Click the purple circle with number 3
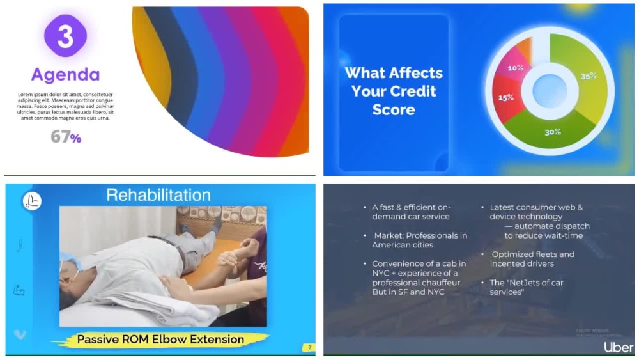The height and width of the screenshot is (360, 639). (x=65, y=36)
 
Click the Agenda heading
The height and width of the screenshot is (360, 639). (x=65, y=75)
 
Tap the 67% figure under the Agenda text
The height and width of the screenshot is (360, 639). (x=66, y=136)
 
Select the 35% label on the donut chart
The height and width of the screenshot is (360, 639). (x=589, y=75)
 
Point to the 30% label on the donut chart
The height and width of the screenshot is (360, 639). (x=552, y=132)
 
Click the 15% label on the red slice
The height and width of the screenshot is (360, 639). (x=506, y=98)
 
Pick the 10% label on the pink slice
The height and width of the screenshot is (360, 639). (x=515, y=68)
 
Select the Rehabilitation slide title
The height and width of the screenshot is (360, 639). (x=158, y=194)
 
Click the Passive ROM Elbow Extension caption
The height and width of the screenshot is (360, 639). (x=160, y=339)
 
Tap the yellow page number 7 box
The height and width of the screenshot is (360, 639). (x=309, y=348)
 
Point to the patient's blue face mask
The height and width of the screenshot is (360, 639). (x=69, y=268)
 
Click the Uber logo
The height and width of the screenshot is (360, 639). (x=619, y=347)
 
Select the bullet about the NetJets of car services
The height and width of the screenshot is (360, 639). (x=518, y=287)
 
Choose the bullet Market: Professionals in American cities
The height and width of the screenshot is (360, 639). (x=419, y=240)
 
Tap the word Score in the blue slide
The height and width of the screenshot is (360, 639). (x=393, y=109)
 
